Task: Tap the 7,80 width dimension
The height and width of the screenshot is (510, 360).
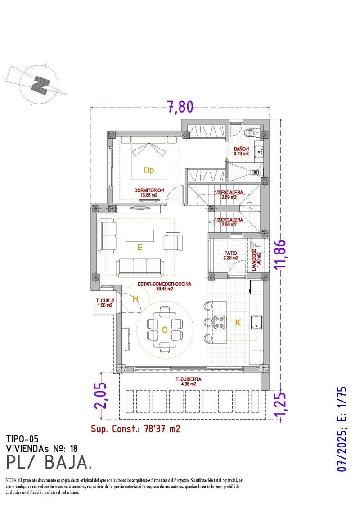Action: [x=180, y=107]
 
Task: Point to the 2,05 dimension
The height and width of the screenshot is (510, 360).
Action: [x=101, y=395]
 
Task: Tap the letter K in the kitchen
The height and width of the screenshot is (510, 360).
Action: [x=238, y=322]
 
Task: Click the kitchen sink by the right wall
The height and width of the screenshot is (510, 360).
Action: [x=257, y=322]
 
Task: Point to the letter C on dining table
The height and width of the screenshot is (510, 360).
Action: [x=165, y=330]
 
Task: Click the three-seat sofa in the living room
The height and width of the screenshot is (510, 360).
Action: [x=140, y=267]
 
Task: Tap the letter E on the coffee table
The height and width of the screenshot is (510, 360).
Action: [x=140, y=247]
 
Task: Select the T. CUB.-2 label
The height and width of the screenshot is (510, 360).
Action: [x=104, y=303]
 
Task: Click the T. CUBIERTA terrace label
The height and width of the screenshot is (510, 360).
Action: [x=189, y=382]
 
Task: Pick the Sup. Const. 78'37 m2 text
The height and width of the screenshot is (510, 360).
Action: [x=135, y=429]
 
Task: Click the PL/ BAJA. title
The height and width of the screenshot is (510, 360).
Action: [x=49, y=462]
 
